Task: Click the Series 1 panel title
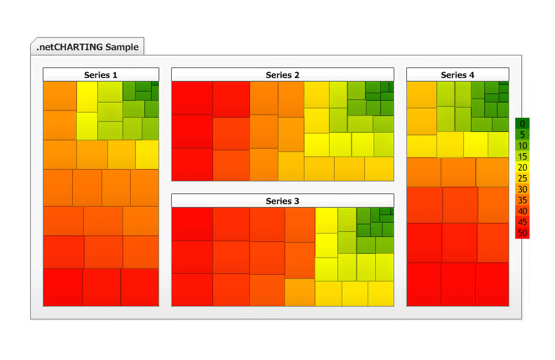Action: coord(101,75)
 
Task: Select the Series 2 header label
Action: coord(282,75)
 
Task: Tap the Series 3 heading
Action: coord(282,201)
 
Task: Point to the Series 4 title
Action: coord(457,75)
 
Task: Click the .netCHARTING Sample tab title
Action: coord(87,47)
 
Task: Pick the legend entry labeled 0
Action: coord(522,124)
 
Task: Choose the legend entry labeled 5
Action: coord(522,134)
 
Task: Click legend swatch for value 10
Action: coord(522,146)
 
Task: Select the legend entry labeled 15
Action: coord(522,156)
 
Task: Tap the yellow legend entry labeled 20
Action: coord(522,167)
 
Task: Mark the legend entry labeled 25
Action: coord(522,178)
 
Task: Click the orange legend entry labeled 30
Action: coord(522,189)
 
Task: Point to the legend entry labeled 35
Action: coord(522,200)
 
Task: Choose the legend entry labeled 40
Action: coord(522,211)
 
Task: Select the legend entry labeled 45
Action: coord(522,222)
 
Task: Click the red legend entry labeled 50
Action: coord(522,233)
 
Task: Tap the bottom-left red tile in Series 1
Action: coord(63,287)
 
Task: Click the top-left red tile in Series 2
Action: coord(192,98)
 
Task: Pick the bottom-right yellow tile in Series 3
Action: coord(380,294)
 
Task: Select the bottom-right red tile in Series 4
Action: coord(492,284)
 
